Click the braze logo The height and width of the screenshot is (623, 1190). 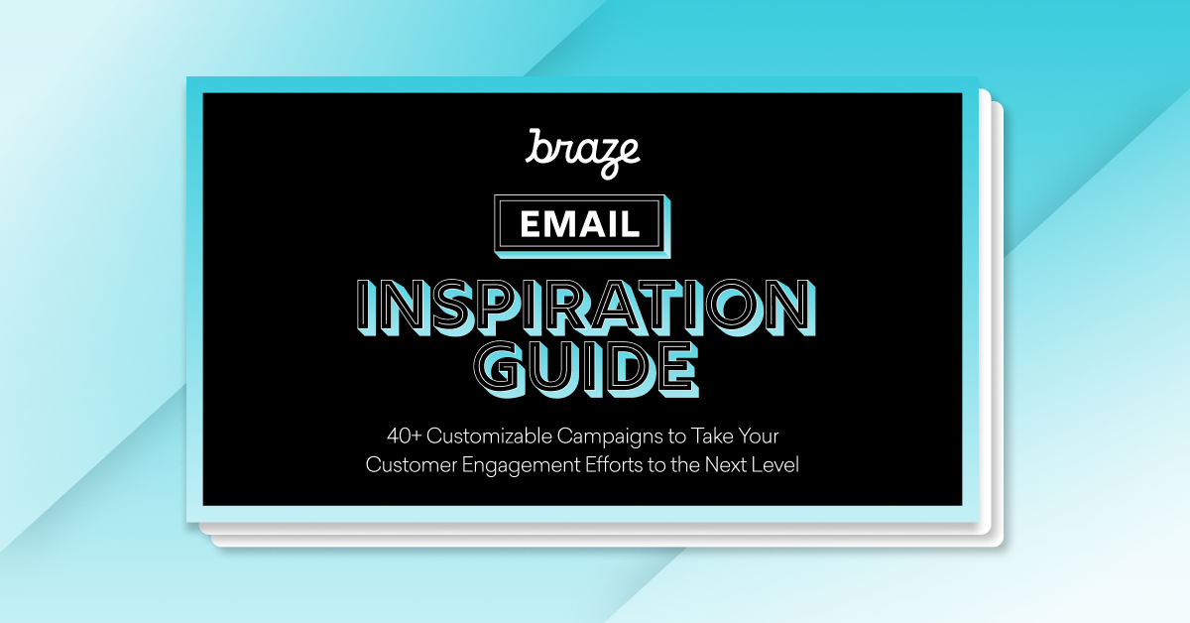[x=582, y=151]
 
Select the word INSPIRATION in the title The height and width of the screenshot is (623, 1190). [x=581, y=307]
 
